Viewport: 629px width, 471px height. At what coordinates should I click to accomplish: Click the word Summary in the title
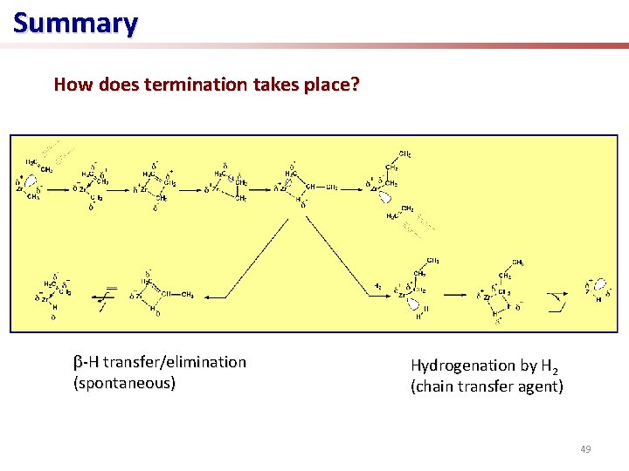coord(75,23)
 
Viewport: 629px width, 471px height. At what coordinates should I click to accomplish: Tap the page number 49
coord(584,449)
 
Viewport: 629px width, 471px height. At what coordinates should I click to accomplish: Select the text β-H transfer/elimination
coord(159,361)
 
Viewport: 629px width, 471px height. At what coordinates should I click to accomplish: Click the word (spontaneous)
coord(124,382)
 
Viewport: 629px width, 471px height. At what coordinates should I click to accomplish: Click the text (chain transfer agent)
coord(487,386)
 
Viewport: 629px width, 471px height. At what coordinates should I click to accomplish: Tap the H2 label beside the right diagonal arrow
coord(377,285)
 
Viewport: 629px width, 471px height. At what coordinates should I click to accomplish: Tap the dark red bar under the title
coord(524,45)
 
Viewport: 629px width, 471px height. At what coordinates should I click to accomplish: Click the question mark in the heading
coord(356,85)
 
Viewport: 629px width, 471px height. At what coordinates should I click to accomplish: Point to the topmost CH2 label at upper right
coord(404,154)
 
